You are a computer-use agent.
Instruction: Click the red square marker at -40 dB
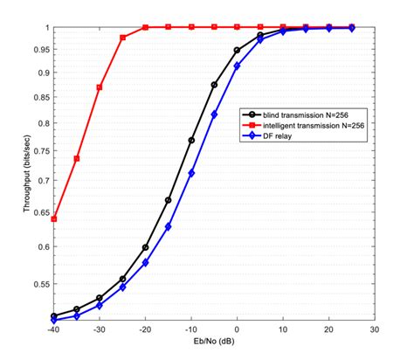coord(54,218)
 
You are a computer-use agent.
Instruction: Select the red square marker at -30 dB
coord(100,87)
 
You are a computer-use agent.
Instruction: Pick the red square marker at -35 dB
coord(77,158)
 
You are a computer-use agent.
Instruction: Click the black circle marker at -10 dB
coord(191,140)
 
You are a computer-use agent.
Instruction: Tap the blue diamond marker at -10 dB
coord(191,173)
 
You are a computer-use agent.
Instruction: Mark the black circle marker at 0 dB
coord(237,50)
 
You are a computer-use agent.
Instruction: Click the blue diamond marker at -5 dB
coord(214,114)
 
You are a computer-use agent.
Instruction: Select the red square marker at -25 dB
coord(122,38)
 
